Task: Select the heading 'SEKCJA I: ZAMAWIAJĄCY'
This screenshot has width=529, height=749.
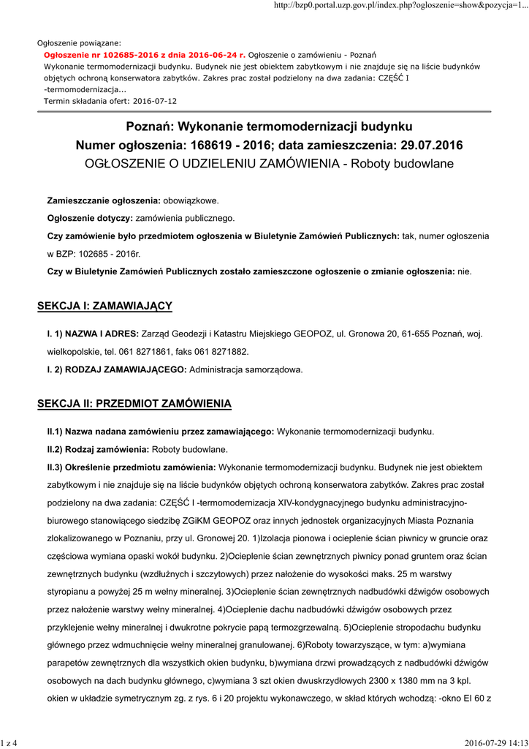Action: [x=104, y=305]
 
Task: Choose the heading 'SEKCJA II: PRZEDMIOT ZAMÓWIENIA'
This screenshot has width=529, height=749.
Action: [x=134, y=403]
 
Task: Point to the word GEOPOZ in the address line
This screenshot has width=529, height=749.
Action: [x=313, y=334]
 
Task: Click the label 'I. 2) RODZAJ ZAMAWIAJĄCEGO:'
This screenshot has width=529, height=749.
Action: [x=117, y=369]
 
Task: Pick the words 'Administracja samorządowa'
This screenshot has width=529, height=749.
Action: [x=246, y=369]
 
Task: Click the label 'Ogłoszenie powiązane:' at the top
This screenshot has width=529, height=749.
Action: [x=80, y=43]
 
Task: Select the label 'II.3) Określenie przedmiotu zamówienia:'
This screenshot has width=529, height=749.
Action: [x=131, y=466]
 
